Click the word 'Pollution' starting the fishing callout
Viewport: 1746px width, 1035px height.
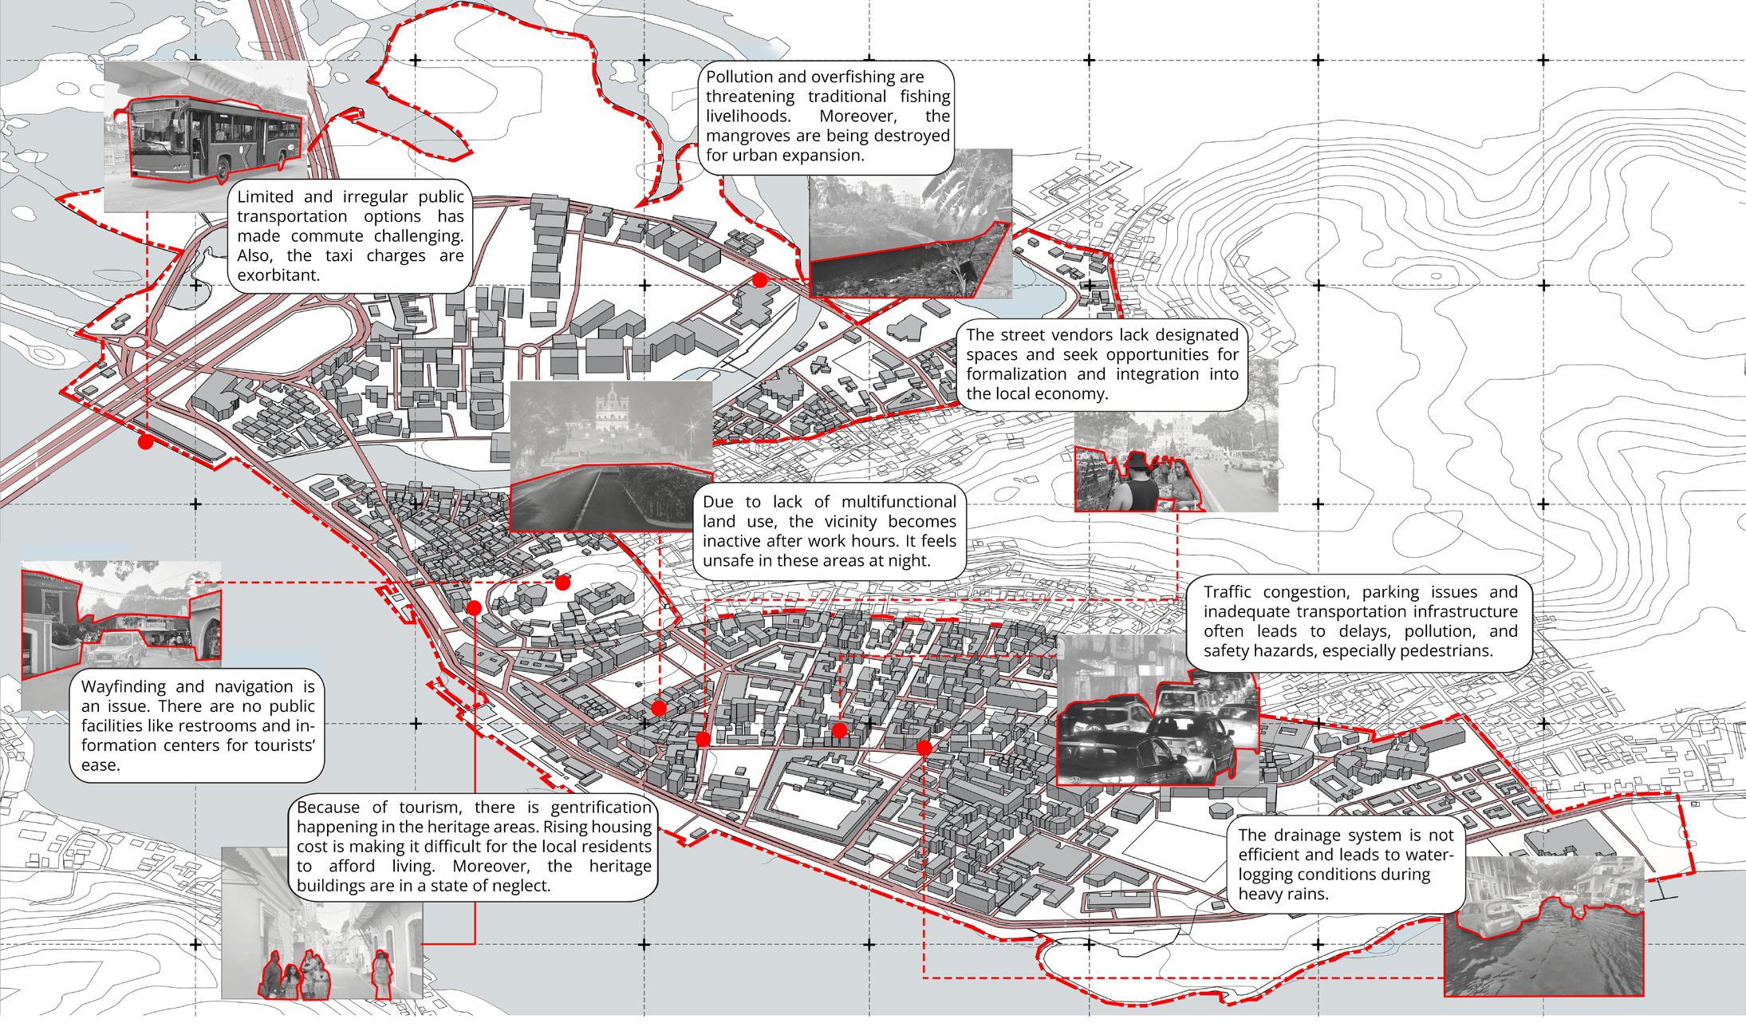tap(739, 77)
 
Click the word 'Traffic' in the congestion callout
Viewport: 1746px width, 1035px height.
tap(1232, 592)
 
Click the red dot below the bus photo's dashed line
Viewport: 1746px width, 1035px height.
tap(145, 441)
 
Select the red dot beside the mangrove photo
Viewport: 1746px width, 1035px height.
tap(760, 280)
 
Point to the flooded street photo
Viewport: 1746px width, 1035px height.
tap(1543, 926)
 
